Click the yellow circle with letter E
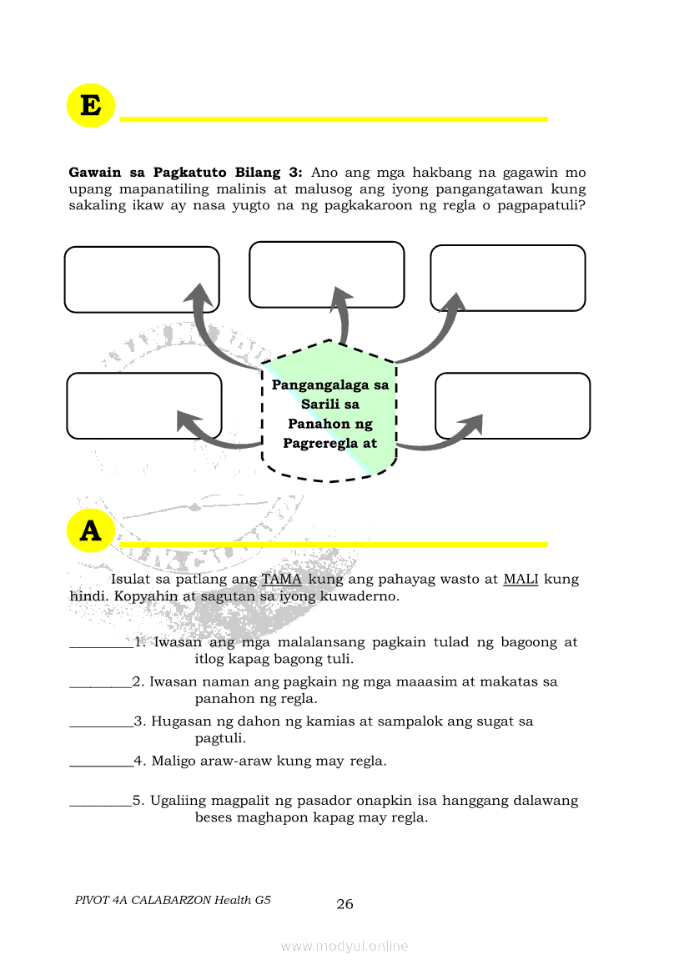click(90, 106)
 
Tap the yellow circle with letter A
click(90, 530)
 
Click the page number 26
click(344, 904)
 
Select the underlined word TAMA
click(282, 579)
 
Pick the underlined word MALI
click(521, 579)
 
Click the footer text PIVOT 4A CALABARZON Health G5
click(173, 900)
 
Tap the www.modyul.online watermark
click(344, 946)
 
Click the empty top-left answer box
click(142, 279)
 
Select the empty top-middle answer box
click(326, 274)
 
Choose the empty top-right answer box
click(507, 278)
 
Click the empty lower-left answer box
click(143, 405)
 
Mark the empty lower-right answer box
click(512, 405)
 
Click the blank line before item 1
click(100, 643)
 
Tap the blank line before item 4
click(100, 761)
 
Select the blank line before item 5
click(100, 802)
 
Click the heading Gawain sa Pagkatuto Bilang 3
click(184, 173)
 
